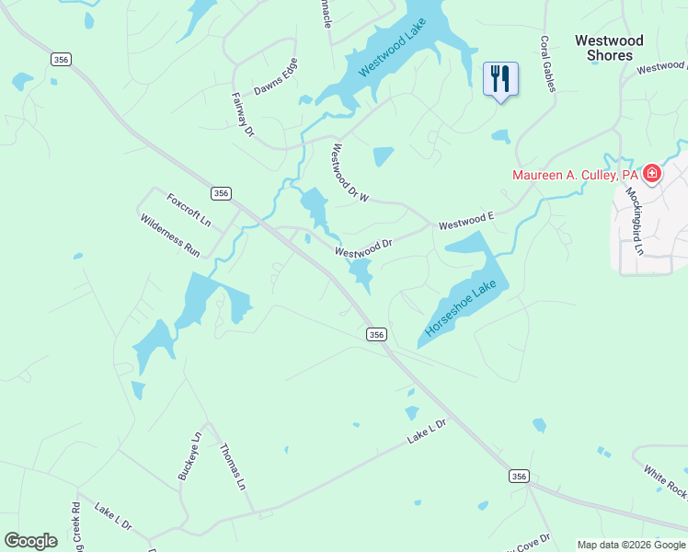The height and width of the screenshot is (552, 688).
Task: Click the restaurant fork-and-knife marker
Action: click(x=500, y=78)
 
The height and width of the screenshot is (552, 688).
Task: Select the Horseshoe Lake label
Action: click(x=461, y=308)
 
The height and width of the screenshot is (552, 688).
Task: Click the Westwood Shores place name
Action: click(x=609, y=48)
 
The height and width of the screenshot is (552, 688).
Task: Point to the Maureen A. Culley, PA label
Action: click(x=575, y=175)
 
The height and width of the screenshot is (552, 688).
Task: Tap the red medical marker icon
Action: click(x=652, y=173)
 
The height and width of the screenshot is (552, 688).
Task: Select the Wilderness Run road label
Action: click(x=170, y=235)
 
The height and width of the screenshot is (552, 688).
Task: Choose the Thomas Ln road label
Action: click(x=233, y=466)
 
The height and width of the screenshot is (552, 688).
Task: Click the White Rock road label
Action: click(x=666, y=483)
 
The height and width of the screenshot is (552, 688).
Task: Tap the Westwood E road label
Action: click(x=466, y=222)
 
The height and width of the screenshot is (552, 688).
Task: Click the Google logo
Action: click(x=30, y=541)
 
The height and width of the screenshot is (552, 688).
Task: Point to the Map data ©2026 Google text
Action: click(x=631, y=545)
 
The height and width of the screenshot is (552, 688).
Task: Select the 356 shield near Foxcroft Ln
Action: click(x=220, y=193)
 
